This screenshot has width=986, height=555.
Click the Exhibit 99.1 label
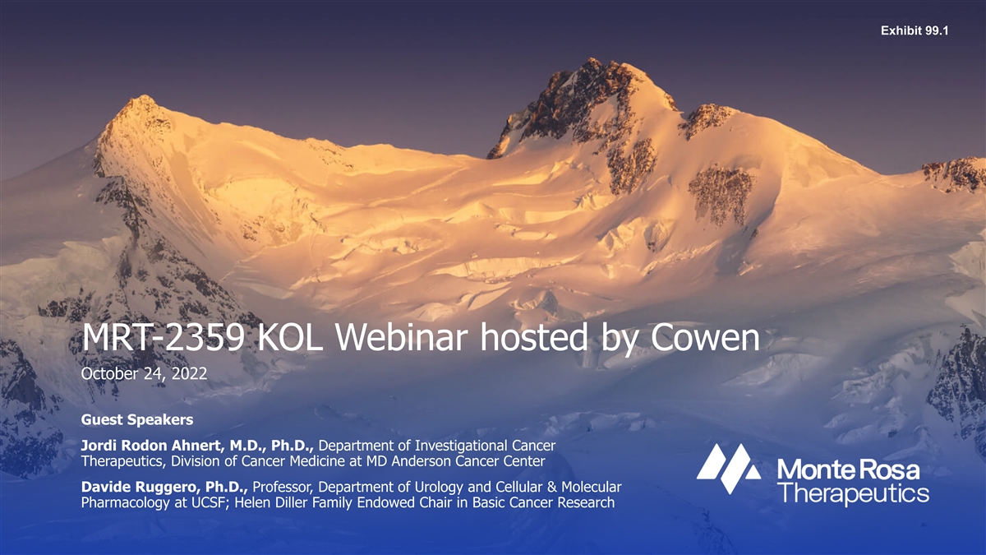915,30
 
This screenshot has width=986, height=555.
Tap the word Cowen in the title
705,338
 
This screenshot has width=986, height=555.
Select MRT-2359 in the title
163,338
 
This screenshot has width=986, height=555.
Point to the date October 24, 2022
144,373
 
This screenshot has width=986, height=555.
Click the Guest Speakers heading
137,420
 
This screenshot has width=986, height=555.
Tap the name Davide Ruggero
141,487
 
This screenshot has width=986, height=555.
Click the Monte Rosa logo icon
729,468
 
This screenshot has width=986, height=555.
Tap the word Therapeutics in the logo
853,493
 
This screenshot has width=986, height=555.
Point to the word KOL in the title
289,338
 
